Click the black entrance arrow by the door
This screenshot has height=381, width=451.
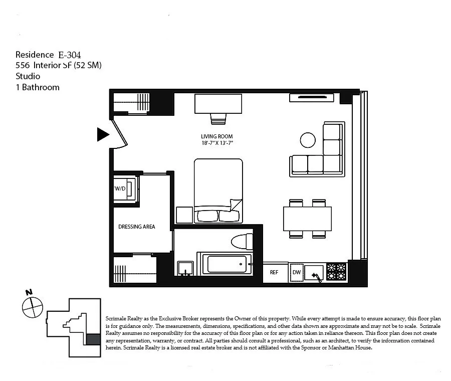pos(103,134)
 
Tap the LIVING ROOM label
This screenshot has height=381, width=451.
pos(216,136)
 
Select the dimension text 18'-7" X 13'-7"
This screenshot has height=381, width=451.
pos(216,143)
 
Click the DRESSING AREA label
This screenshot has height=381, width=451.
pos(136,227)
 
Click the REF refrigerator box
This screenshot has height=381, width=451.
pos(274,273)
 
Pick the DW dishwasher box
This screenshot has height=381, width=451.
pos(296,273)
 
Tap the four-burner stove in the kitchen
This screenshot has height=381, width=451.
pos(336,272)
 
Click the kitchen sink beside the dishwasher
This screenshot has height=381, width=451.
pos(314,273)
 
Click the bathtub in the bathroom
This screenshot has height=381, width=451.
pos(227,264)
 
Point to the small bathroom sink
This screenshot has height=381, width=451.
pos(185,268)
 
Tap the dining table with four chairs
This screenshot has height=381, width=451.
pos(307,219)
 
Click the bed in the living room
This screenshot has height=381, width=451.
pos(218,190)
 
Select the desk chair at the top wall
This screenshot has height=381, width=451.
pos(218,119)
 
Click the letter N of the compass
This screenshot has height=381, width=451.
pos(29,292)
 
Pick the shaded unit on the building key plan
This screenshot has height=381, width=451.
pos(93,339)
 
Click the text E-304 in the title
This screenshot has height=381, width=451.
pos(69,55)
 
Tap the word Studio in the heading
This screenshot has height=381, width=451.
pos(28,76)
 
